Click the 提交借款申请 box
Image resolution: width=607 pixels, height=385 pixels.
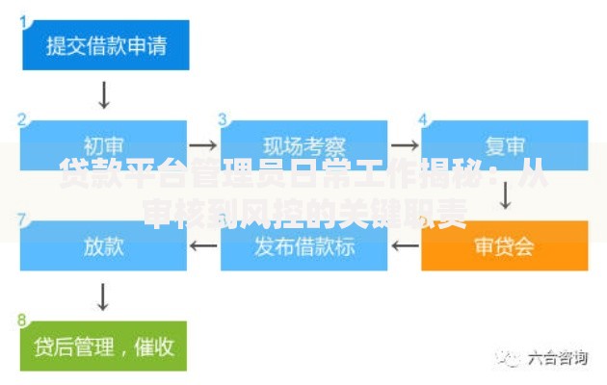click(104, 45)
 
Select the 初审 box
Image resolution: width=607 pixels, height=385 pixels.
click(104, 145)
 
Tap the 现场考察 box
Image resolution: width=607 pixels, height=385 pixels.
click(304, 145)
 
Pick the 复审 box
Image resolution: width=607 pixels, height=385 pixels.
click(505, 145)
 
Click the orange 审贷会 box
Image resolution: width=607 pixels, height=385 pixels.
click(505, 245)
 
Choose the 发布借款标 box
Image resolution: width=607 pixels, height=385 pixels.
click(304, 245)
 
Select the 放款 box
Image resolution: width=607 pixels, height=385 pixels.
click(104, 245)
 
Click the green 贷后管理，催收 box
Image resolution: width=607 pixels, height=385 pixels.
click(104, 346)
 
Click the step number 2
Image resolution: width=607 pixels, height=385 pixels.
click(23, 119)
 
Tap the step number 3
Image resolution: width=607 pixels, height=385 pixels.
click(224, 119)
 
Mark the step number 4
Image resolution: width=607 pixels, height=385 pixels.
click(424, 119)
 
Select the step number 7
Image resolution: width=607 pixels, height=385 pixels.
click(23, 219)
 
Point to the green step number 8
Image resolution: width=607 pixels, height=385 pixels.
click(23, 319)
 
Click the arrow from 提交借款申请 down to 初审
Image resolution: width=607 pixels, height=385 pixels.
click(104, 94)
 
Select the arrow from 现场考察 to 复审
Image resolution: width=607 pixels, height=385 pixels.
click(406, 145)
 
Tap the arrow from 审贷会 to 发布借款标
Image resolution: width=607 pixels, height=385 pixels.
click(406, 245)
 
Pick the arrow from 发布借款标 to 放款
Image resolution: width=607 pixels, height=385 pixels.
click(204, 245)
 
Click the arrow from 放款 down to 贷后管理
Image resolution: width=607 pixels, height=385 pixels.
click(104, 295)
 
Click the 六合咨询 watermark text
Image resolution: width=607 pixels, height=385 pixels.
click(557, 358)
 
